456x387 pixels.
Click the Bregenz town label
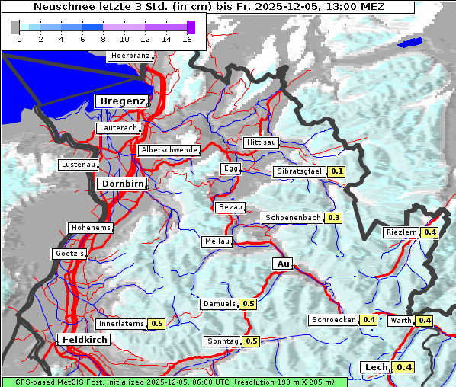[120, 101]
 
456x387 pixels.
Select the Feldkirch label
[84, 339]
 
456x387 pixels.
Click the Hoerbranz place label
[130, 56]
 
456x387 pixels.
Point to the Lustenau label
[79, 165]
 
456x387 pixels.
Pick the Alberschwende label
[169, 150]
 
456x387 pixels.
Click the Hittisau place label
[262, 142]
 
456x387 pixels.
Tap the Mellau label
[217, 241]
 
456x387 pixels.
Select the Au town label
[282, 264]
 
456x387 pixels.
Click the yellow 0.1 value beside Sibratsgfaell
[337, 172]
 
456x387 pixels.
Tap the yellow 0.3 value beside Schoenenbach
[333, 218]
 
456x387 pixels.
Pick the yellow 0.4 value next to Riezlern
[430, 232]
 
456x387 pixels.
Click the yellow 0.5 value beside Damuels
[248, 304]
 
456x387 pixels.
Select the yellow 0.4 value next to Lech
[404, 367]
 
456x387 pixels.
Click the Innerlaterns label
[121, 324]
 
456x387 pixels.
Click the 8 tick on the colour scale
[103, 39]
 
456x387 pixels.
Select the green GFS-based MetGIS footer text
[174, 382]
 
